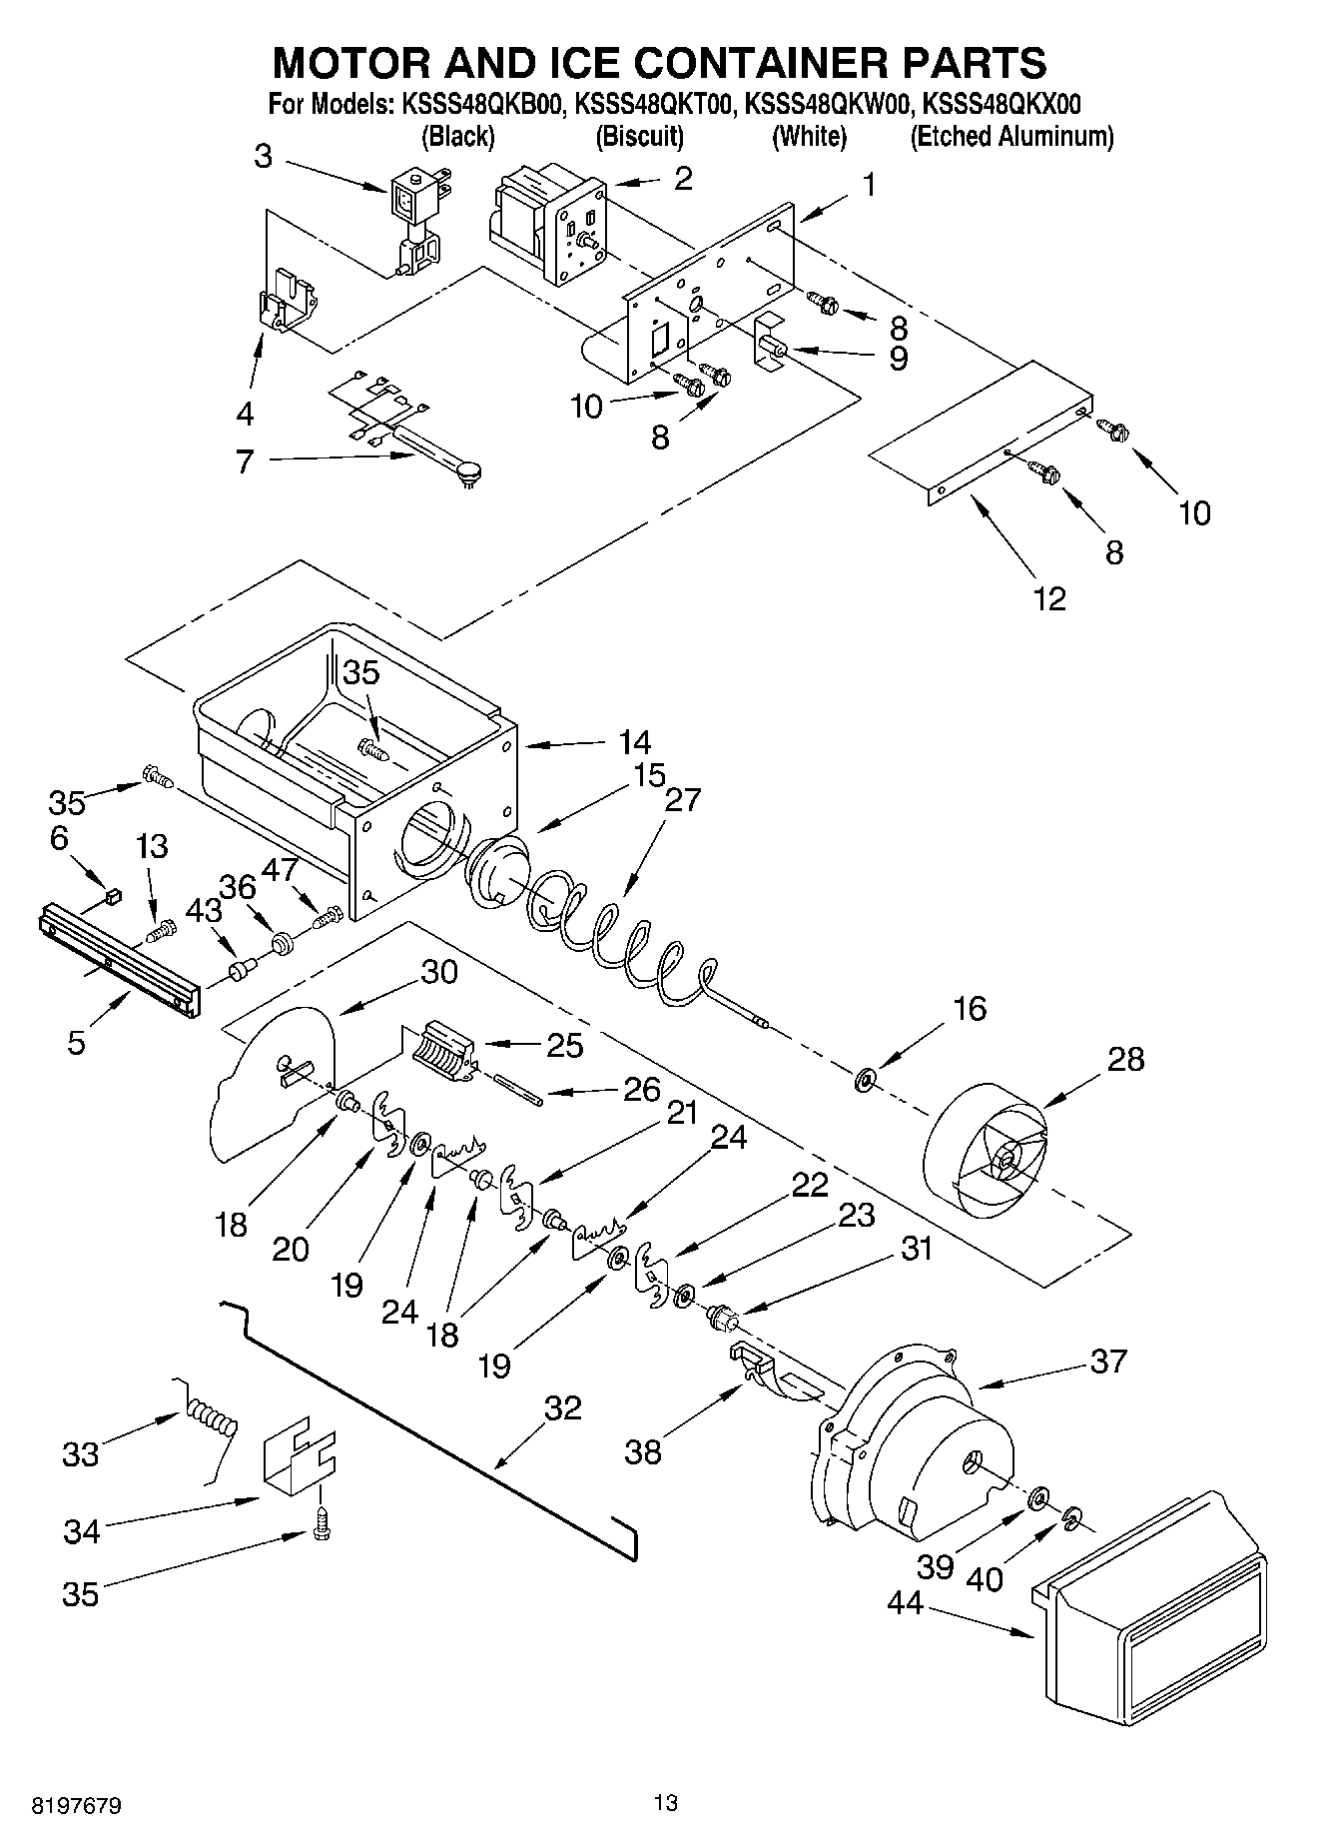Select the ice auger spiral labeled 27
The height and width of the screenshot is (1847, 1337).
619,934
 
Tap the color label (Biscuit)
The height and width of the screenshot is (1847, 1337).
639,136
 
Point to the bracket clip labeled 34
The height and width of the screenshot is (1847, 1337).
298,1463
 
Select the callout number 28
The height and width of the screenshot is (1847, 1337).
1125,1059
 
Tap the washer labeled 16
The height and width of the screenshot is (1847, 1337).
865,1079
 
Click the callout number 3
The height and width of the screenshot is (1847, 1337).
263,156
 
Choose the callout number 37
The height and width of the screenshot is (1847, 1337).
1108,1360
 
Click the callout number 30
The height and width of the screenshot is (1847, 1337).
440,971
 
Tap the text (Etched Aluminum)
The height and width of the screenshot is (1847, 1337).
1011,136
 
